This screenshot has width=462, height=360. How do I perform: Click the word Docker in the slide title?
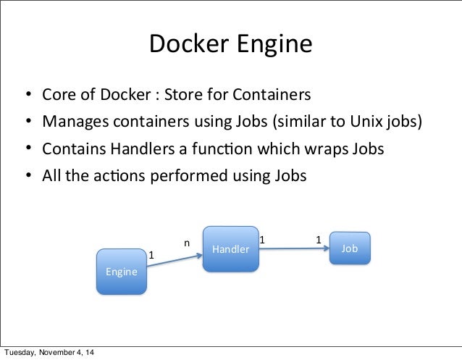tap(186, 45)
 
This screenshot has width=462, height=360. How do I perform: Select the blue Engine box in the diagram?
tap(122, 272)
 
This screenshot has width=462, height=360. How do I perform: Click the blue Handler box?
tap(230, 249)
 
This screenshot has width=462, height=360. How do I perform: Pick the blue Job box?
tap(350, 248)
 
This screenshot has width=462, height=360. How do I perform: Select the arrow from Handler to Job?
tap(293, 248)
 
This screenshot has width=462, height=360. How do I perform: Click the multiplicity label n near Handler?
tap(186, 243)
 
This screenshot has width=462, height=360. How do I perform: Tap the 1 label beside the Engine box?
tap(151, 255)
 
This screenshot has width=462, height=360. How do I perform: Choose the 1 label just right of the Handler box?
tap(262, 238)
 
